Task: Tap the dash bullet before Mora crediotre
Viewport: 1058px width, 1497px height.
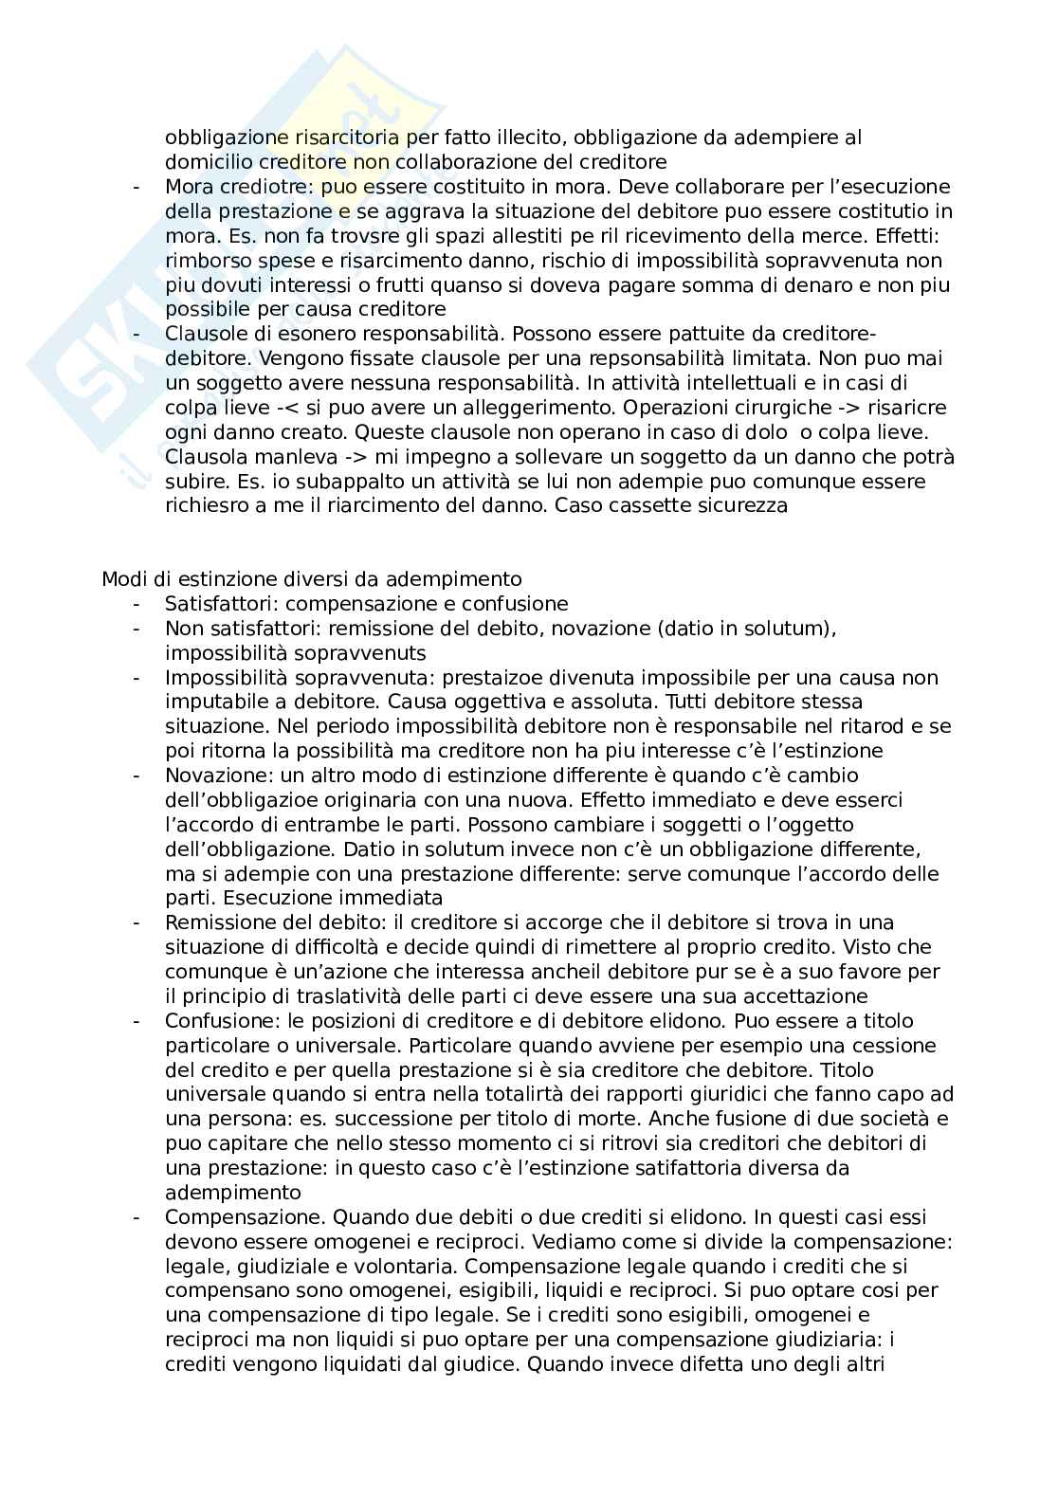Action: point(137,187)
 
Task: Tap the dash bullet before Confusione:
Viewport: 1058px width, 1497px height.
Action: point(137,1021)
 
